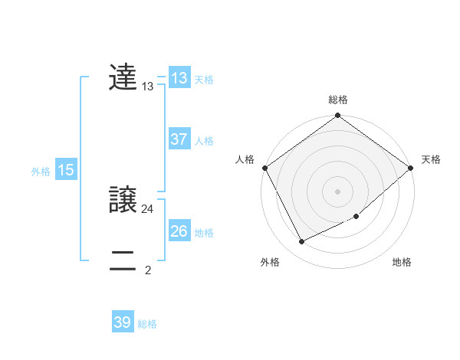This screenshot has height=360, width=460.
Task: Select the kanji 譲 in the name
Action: coord(123,200)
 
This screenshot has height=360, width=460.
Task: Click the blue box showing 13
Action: coord(179,78)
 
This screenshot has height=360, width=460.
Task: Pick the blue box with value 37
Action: coord(179,139)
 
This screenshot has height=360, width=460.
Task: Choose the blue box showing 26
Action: coord(179,231)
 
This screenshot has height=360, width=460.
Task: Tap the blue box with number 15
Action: coord(66,170)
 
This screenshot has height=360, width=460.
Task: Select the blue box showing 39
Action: coord(123,322)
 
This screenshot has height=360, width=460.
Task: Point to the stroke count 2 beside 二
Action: coord(148,270)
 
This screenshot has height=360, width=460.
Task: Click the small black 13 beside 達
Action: coord(148,87)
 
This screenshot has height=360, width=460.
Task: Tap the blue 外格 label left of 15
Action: coord(41,172)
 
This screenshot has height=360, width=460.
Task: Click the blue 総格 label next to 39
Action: coord(147,324)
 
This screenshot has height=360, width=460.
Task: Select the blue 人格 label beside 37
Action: coord(204,141)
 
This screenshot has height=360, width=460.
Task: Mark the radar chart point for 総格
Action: coord(338,116)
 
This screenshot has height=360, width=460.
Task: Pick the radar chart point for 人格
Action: coord(264,168)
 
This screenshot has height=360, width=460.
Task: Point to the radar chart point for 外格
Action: coord(302,242)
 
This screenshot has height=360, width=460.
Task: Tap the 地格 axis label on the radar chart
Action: coord(402,262)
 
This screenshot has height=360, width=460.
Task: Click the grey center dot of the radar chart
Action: coord(338,191)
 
